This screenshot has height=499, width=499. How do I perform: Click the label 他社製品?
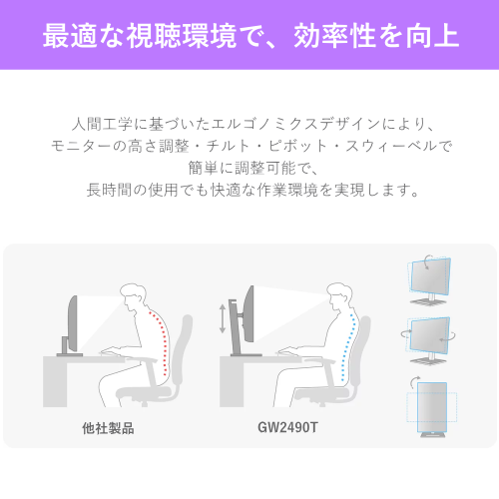coord(108,428)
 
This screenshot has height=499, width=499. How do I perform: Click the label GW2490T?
coord(287,427)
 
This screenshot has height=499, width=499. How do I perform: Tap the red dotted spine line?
coord(162,342)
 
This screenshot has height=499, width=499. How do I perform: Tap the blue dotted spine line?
coord(347,346)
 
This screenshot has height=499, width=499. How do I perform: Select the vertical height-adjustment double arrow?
coord(223,318)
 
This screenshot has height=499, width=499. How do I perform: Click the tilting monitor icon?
coord(430,280)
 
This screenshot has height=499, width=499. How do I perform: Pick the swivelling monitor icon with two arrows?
coord(428,340)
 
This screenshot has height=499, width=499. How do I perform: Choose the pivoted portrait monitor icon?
coord(432,408)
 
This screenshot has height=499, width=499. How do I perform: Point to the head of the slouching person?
coord(133,297)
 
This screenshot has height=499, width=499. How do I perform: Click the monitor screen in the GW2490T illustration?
coord(249,314)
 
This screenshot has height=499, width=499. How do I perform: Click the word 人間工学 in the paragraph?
coord(103,124)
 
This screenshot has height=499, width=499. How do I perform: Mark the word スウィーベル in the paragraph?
coord(391,146)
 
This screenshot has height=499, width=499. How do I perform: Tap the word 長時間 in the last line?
coord(110,190)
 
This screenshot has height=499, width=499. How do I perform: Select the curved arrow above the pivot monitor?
coord(414,382)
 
